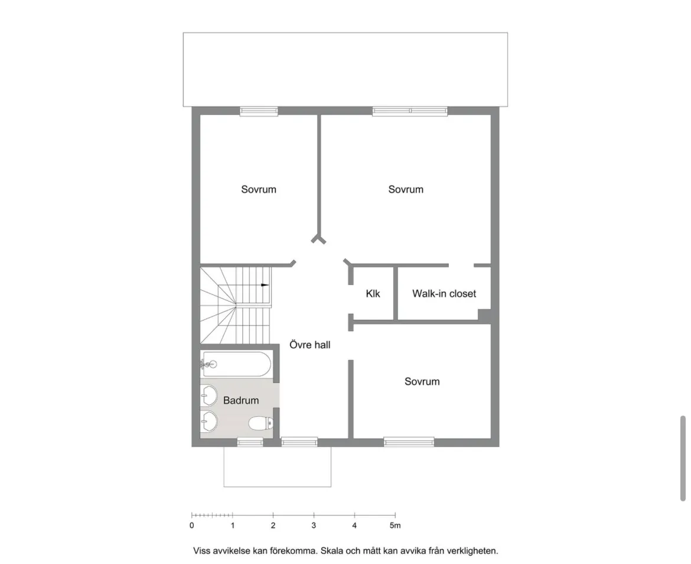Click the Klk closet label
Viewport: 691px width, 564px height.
click(x=373, y=293)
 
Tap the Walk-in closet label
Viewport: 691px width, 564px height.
click(x=444, y=293)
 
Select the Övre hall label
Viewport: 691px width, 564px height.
click(x=309, y=345)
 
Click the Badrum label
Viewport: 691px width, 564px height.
click(x=241, y=400)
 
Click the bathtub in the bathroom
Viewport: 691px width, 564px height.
click(x=236, y=364)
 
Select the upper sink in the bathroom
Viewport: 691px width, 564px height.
click(x=209, y=393)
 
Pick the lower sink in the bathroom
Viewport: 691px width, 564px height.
click(x=209, y=421)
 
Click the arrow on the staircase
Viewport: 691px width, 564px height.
click(x=264, y=285)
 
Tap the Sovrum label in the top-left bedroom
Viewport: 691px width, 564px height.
click(x=259, y=189)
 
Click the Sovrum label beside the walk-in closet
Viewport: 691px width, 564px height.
click(x=406, y=189)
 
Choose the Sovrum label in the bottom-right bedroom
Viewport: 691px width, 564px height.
click(x=422, y=381)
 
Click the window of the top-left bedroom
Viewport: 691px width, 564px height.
click(x=259, y=111)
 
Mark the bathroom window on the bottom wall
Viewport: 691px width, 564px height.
click(x=250, y=442)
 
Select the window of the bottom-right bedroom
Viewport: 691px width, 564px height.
click(x=409, y=441)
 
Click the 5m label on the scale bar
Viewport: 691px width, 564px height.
click(x=395, y=525)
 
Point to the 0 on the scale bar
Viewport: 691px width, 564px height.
click(x=192, y=525)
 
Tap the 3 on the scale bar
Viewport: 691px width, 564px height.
click(x=314, y=525)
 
